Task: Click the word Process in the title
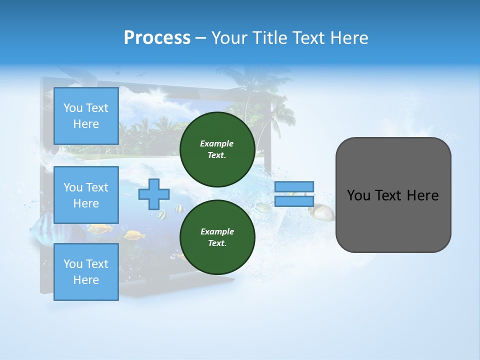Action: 157,37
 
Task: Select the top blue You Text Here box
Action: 86,116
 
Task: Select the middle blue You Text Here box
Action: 86,195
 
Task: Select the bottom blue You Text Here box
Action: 86,272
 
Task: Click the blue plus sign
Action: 154,194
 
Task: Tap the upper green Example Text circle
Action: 217,149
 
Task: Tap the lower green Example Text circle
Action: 217,237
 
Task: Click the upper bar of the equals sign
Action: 294,186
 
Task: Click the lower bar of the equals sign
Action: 294,201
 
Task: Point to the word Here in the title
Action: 348,37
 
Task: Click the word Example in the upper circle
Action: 217,143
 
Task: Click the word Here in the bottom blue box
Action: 86,280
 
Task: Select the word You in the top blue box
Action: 73,108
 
